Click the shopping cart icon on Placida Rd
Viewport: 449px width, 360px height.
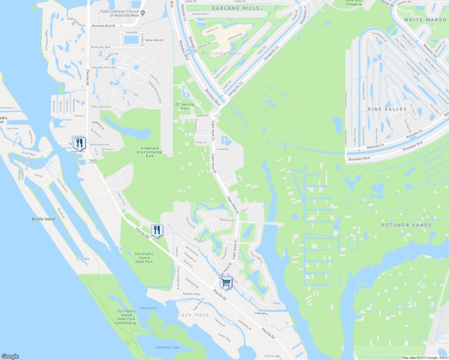pyautogui.click(x=226, y=283)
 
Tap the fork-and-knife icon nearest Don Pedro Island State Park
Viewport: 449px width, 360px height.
pyautogui.click(x=157, y=230)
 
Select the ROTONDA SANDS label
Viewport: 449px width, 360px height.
pyautogui.click(x=406, y=225)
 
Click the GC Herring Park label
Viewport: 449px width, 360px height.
pyautogui.click(x=183, y=106)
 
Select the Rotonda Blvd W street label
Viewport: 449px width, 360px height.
pyautogui.click(x=104, y=26)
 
